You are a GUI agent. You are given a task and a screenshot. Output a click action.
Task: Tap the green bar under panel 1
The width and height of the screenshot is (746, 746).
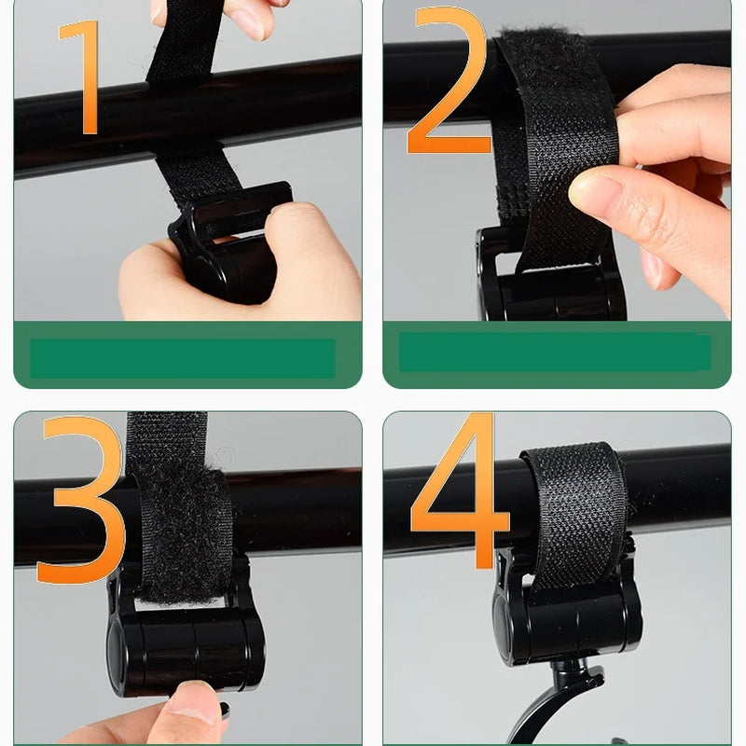[x=182, y=358]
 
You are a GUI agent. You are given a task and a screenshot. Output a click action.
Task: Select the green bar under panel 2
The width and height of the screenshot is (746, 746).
[x=555, y=352]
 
